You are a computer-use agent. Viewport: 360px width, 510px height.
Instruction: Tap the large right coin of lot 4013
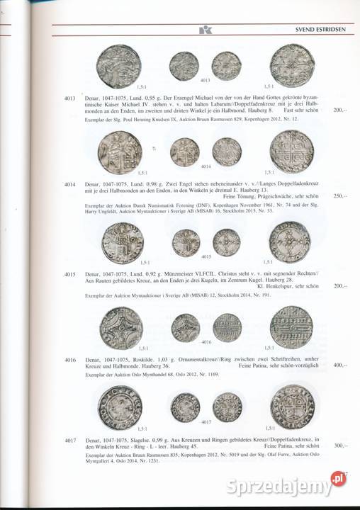point(291,65)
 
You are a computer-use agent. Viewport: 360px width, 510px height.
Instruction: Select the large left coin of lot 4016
point(121,326)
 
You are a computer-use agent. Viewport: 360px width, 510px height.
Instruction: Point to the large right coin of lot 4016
point(291,327)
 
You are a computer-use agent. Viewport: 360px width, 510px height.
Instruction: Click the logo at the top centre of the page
point(205,30)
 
